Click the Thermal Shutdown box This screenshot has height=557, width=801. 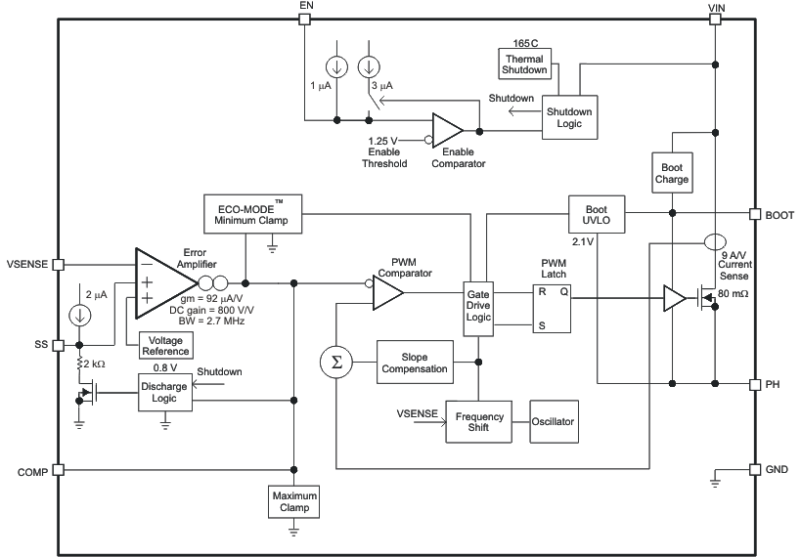(x=523, y=64)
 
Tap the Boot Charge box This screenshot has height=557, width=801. (x=672, y=173)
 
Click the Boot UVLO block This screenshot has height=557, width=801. (x=596, y=214)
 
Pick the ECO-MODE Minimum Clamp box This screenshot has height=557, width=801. (x=252, y=214)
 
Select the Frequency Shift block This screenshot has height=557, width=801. (x=479, y=422)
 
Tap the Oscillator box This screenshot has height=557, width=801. (x=554, y=422)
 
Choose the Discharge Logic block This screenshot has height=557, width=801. (x=164, y=392)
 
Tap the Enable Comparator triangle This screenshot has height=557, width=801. (x=448, y=130)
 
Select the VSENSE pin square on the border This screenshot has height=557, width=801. (x=58, y=264)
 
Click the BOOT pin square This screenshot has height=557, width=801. (x=754, y=213)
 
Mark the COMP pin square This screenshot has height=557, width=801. (x=58, y=470)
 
